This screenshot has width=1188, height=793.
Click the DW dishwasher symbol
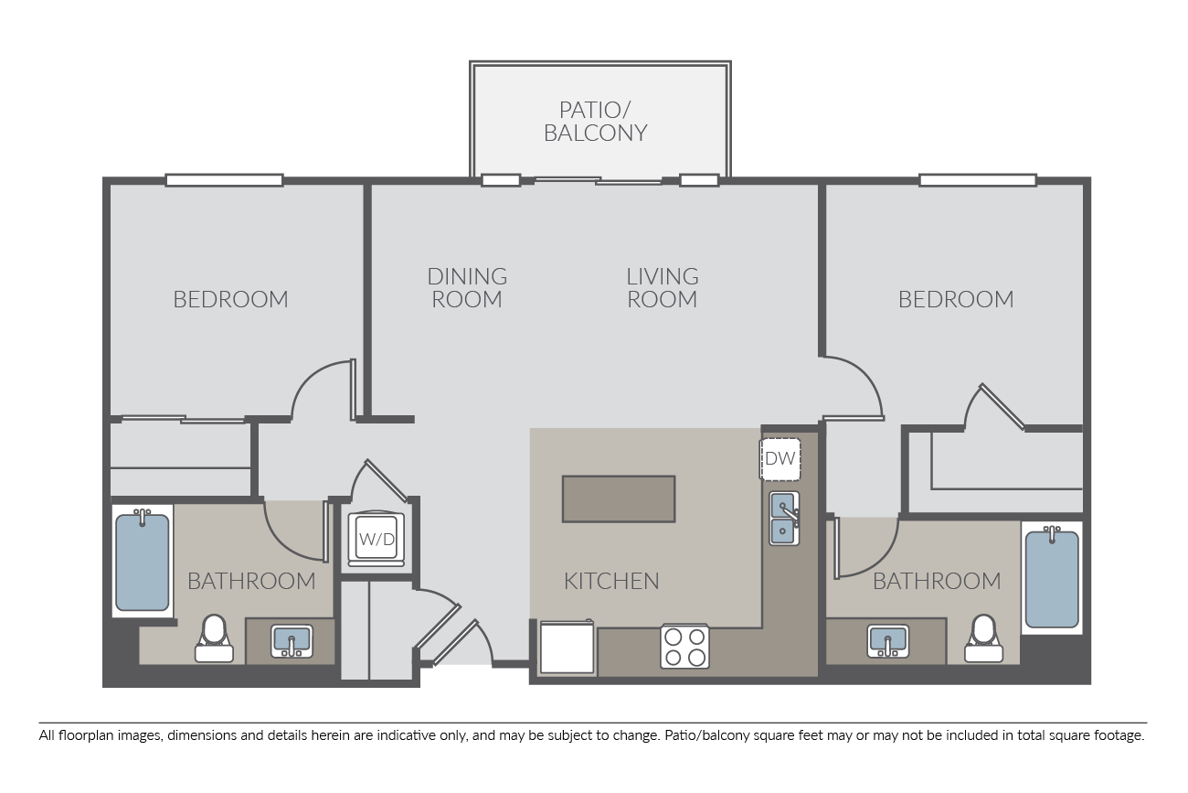pyautogui.click(x=780, y=459)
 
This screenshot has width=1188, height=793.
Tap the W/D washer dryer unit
pyautogui.click(x=376, y=538)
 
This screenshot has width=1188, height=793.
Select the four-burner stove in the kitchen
pyautogui.click(x=684, y=646)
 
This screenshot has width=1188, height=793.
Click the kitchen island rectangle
pyautogui.click(x=619, y=499)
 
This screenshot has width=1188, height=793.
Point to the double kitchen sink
pyautogui.click(x=784, y=518)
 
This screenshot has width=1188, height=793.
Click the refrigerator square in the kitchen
pyautogui.click(x=567, y=647)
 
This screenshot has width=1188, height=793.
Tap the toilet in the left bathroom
pyautogui.click(x=214, y=638)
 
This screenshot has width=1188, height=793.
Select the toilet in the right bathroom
pyautogui.click(x=984, y=638)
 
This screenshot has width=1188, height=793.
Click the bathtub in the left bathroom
pyautogui.click(x=143, y=561)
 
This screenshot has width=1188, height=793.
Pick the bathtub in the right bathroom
pyautogui.click(x=1052, y=577)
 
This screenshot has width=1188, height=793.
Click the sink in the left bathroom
pyautogui.click(x=292, y=640)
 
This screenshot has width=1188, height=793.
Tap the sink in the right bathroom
pyautogui.click(x=888, y=640)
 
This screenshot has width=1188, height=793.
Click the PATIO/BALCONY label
pyautogui.click(x=596, y=122)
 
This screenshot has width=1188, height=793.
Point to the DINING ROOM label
pyautogui.click(x=467, y=288)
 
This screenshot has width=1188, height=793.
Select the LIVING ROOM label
pyautogui.click(x=663, y=288)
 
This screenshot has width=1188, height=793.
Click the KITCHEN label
pyautogui.click(x=611, y=581)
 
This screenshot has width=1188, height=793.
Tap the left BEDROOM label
pyautogui.click(x=230, y=299)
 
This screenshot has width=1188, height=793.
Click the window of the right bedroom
pyautogui.click(x=978, y=180)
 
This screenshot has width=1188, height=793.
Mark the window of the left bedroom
pyautogui.click(x=224, y=180)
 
